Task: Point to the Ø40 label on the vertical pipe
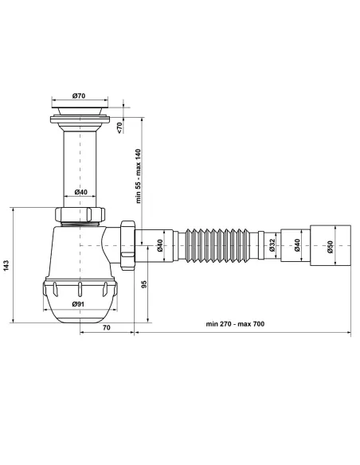coord(81,192)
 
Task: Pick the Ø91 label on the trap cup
coord(79,304)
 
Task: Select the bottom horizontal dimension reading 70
coord(106,327)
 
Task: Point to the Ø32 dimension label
coord(272,245)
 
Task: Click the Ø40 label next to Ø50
coord(299,245)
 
